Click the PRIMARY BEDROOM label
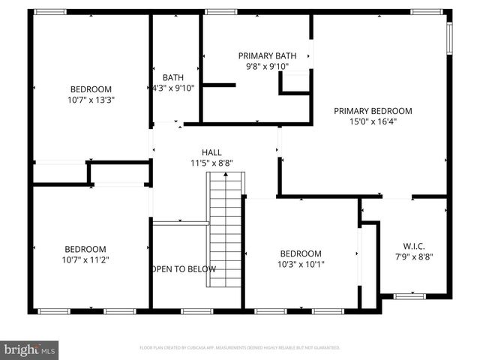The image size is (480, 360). click(x=373, y=111)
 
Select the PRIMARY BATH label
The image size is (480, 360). click(x=267, y=55)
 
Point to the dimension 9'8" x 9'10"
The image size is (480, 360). click(x=267, y=66)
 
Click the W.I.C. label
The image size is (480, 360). click(x=415, y=246)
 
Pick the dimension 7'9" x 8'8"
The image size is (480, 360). click(x=415, y=256)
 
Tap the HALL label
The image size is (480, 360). click(x=211, y=151)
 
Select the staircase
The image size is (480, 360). click(x=226, y=229)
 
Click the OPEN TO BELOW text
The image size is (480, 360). click(x=184, y=269)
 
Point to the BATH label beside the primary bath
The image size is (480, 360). click(x=173, y=76)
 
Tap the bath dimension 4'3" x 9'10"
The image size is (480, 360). click(x=173, y=87)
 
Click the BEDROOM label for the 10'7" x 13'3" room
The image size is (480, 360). click(x=91, y=88)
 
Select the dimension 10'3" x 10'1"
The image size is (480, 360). click(x=301, y=264)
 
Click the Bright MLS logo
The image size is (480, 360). click(x=30, y=349)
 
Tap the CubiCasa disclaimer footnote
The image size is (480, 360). click(x=240, y=348)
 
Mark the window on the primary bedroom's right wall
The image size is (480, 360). click(x=449, y=38)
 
